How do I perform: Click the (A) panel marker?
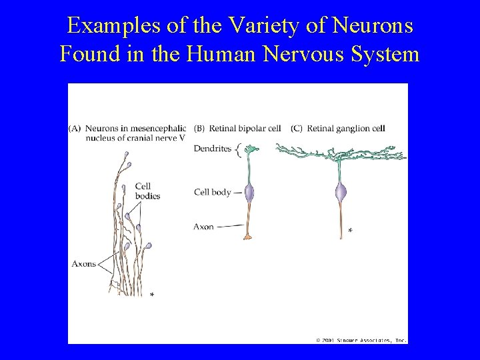(x=75, y=128)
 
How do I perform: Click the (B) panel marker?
(x=199, y=128)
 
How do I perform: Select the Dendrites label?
(x=212, y=149)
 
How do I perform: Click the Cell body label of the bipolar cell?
(x=212, y=193)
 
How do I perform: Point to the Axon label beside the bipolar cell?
(x=203, y=227)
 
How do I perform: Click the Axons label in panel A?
(x=83, y=264)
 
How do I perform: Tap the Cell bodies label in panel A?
(x=147, y=191)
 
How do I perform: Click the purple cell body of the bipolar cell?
(x=249, y=193)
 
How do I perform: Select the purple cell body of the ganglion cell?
(x=341, y=193)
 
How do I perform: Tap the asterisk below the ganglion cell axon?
(x=351, y=231)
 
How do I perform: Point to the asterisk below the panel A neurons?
(x=152, y=295)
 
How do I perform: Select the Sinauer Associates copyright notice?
(x=361, y=340)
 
